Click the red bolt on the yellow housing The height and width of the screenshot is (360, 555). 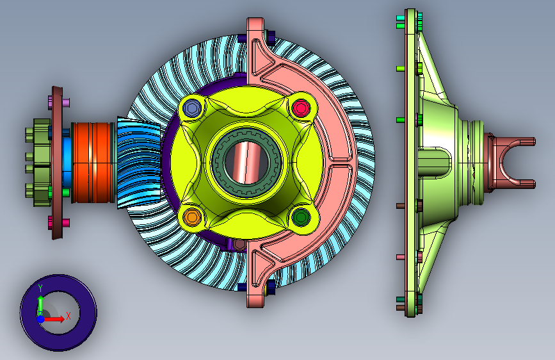coord(300,108)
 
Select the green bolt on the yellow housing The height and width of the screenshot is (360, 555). coord(301,217)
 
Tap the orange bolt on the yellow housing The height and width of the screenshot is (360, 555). coord(192,216)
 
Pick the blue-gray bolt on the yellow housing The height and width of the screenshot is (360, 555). coord(192,108)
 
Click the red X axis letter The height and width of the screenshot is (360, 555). coord(68,316)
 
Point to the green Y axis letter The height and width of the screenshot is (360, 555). coord(40,288)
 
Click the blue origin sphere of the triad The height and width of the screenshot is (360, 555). coord(41,319)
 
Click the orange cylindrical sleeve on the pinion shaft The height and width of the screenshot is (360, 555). coord(93,163)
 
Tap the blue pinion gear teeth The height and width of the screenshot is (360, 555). coord(139,162)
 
